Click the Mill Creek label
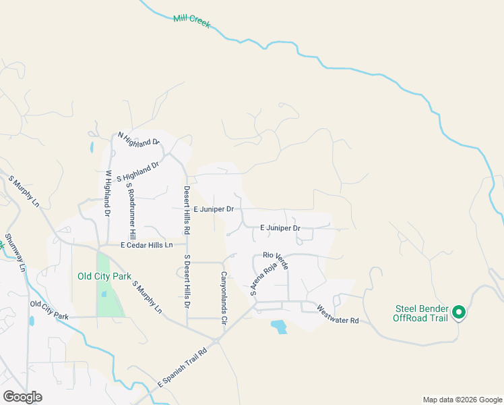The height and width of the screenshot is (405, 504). (191, 21)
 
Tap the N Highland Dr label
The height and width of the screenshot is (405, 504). (138, 138)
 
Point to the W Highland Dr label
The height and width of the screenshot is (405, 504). (107, 192)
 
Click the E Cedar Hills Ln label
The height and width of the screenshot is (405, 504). (147, 245)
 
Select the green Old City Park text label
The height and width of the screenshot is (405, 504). (104, 276)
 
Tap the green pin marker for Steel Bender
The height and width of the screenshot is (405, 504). (459, 312)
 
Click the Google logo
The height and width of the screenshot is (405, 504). (22, 397)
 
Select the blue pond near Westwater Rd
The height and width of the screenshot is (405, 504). (278, 327)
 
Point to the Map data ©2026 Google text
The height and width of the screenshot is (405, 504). (462, 400)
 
